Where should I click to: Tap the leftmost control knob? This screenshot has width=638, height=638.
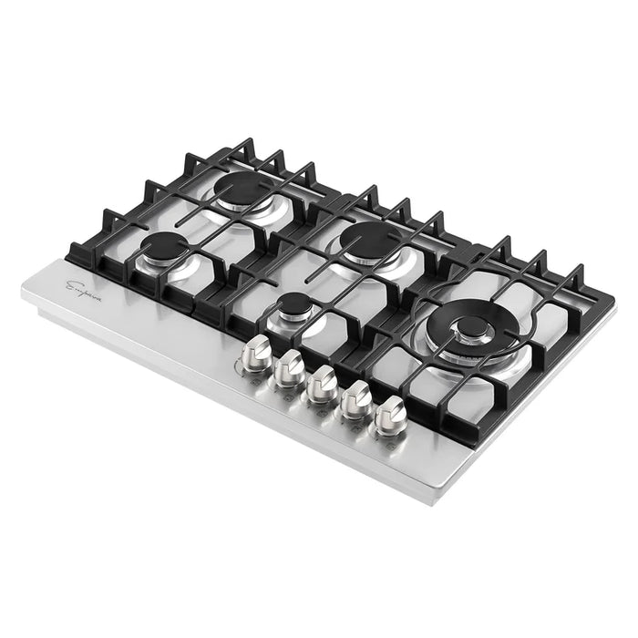[x=260, y=350]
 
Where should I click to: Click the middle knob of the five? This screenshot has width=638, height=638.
[x=320, y=381]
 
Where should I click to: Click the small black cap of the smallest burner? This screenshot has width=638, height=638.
[x=293, y=304]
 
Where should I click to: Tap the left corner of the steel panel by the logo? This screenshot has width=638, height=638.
[x=25, y=288]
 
